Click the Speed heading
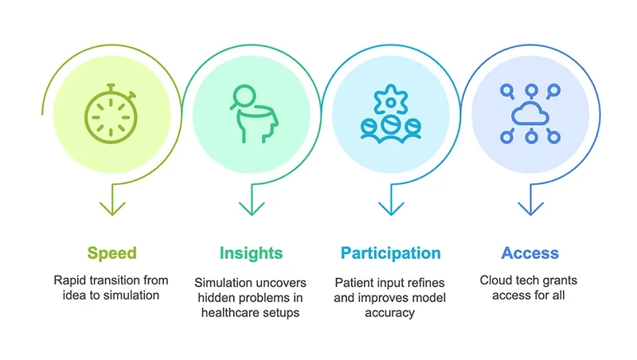point(111,253)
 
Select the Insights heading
point(251,253)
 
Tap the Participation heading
point(390,253)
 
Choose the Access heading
point(530,253)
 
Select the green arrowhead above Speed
point(111,209)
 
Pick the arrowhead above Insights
point(252,209)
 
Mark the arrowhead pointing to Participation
point(390,209)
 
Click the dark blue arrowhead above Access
point(530,209)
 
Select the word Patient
point(354,282)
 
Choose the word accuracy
point(390,313)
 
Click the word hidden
point(215,298)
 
